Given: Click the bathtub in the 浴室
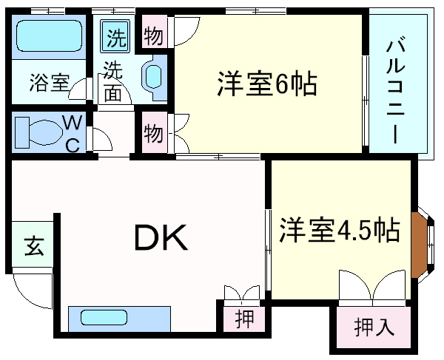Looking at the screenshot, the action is click(50, 36).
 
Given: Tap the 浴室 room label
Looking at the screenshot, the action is click(50, 82).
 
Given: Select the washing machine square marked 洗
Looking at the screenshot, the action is click(115, 36).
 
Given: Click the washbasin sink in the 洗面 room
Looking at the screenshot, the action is click(153, 77).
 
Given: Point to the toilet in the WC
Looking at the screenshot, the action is click(38, 132).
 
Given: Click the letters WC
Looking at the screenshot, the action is click(73, 133).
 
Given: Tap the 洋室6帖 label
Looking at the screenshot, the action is click(267, 84).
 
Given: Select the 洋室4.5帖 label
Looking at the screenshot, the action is click(339, 229).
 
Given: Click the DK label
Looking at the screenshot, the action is click(161, 237).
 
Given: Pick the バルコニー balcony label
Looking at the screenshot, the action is click(396, 92).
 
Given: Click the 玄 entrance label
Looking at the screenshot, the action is click(34, 246).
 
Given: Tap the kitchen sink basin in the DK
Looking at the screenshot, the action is click(104, 317).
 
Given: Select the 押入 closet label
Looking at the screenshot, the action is click(374, 327).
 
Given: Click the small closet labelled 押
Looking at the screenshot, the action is click(244, 319).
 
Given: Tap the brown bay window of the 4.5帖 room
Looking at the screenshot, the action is click(419, 245).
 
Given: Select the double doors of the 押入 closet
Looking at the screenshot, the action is click(373, 286).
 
